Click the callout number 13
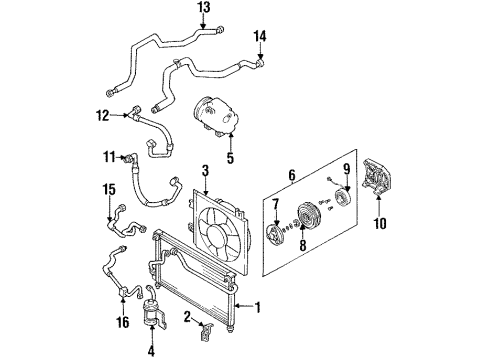pyautogui.click(x=204, y=7)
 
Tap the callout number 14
pyautogui.click(x=260, y=36)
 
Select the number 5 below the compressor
pyautogui.click(x=230, y=158)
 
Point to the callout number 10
pyautogui.click(x=380, y=223)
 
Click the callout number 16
pyautogui.click(x=123, y=322)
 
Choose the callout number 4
pyautogui.click(x=151, y=351)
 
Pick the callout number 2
pyautogui.click(x=187, y=317)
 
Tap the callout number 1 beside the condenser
pyautogui.click(x=257, y=307)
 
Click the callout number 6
pyautogui.click(x=292, y=175)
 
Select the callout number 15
pyautogui.click(x=109, y=189)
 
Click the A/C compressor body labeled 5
pyautogui.click(x=217, y=115)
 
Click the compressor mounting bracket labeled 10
pyautogui.click(x=377, y=177)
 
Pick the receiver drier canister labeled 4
pyautogui.click(x=152, y=311)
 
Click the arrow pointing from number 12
pyautogui.click(x=119, y=115)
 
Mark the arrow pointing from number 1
pyautogui.click(x=244, y=306)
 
